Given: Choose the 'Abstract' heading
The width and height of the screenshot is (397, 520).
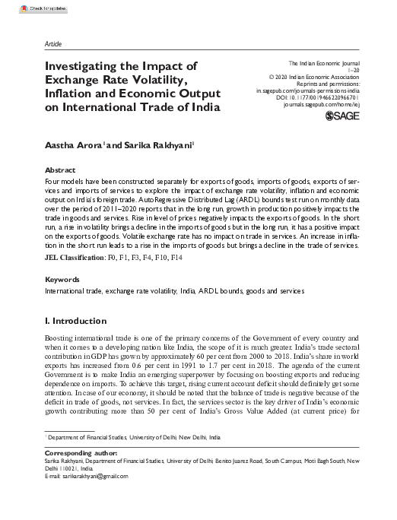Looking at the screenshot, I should click(60, 170).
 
